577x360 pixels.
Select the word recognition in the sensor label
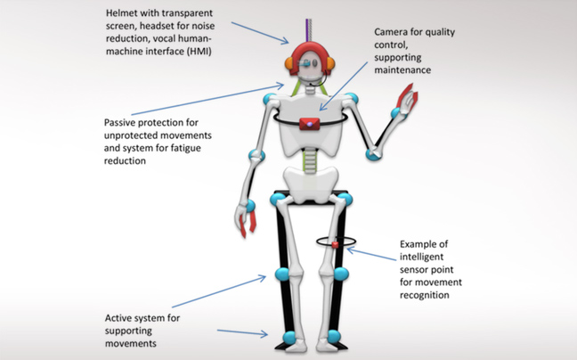pos(427,295)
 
